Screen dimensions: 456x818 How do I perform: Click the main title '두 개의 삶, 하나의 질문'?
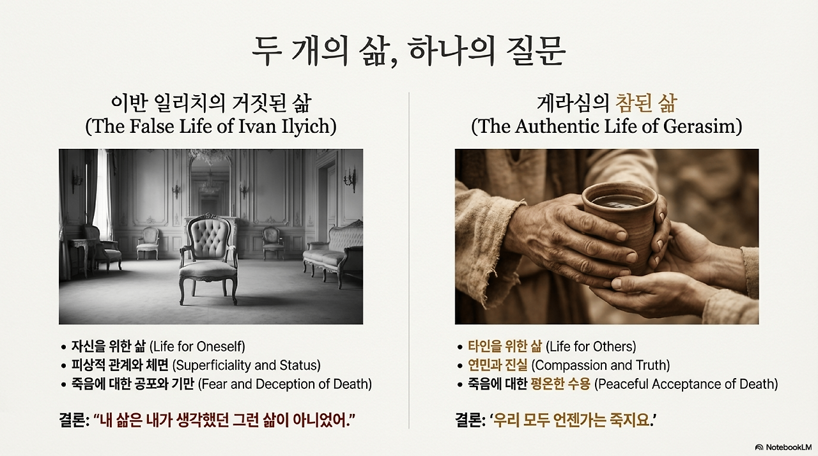pyautogui.click(x=408, y=50)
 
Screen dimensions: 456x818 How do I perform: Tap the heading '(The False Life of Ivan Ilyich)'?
pyautogui.click(x=211, y=126)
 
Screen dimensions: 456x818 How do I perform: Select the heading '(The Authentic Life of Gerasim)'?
pyautogui.click(x=606, y=126)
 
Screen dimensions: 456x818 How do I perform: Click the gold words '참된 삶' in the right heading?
pyautogui.click(x=645, y=103)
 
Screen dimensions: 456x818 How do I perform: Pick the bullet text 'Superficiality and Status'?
pyautogui.click(x=246, y=365)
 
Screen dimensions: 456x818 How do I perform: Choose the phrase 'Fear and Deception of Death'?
pyautogui.click(x=285, y=384)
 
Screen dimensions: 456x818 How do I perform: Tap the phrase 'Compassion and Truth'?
pyautogui.click(x=601, y=365)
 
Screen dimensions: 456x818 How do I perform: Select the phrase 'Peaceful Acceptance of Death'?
pyautogui.click(x=688, y=384)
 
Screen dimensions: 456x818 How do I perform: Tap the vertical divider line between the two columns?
pyautogui.click(x=409, y=255)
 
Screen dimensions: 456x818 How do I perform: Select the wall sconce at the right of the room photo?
pyautogui.click(x=350, y=179)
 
